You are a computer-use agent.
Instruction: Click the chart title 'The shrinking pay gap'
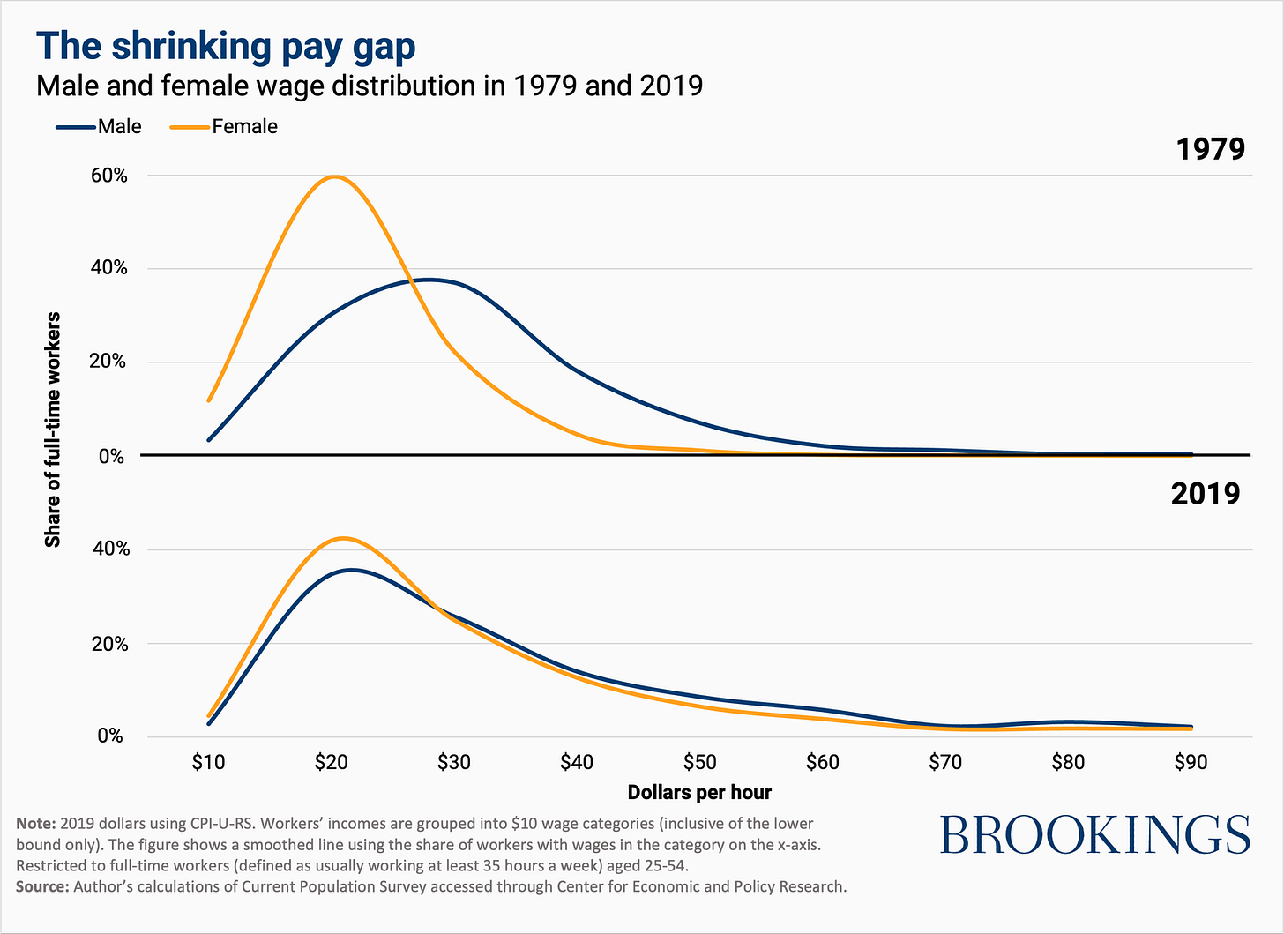coord(225,47)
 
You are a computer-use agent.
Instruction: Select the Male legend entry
coord(99,126)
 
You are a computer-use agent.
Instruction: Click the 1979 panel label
coord(1210,149)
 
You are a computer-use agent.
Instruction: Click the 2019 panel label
coord(1205,494)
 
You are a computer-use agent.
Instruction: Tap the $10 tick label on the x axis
coord(208,761)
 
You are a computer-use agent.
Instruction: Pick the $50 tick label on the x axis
coord(699,761)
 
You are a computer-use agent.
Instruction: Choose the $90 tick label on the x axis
coord(1191,761)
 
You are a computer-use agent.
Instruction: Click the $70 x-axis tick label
coord(945,761)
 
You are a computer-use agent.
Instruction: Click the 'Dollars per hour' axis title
coord(699,792)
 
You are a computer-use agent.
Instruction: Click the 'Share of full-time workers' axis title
coord(53,430)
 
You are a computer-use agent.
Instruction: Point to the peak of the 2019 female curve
coord(343,538)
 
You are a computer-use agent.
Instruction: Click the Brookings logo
coord(1094,833)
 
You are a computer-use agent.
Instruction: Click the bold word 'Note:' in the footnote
coord(35,824)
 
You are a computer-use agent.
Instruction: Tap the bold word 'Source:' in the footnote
coord(41,886)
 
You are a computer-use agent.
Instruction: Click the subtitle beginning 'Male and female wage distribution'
coord(369,86)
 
